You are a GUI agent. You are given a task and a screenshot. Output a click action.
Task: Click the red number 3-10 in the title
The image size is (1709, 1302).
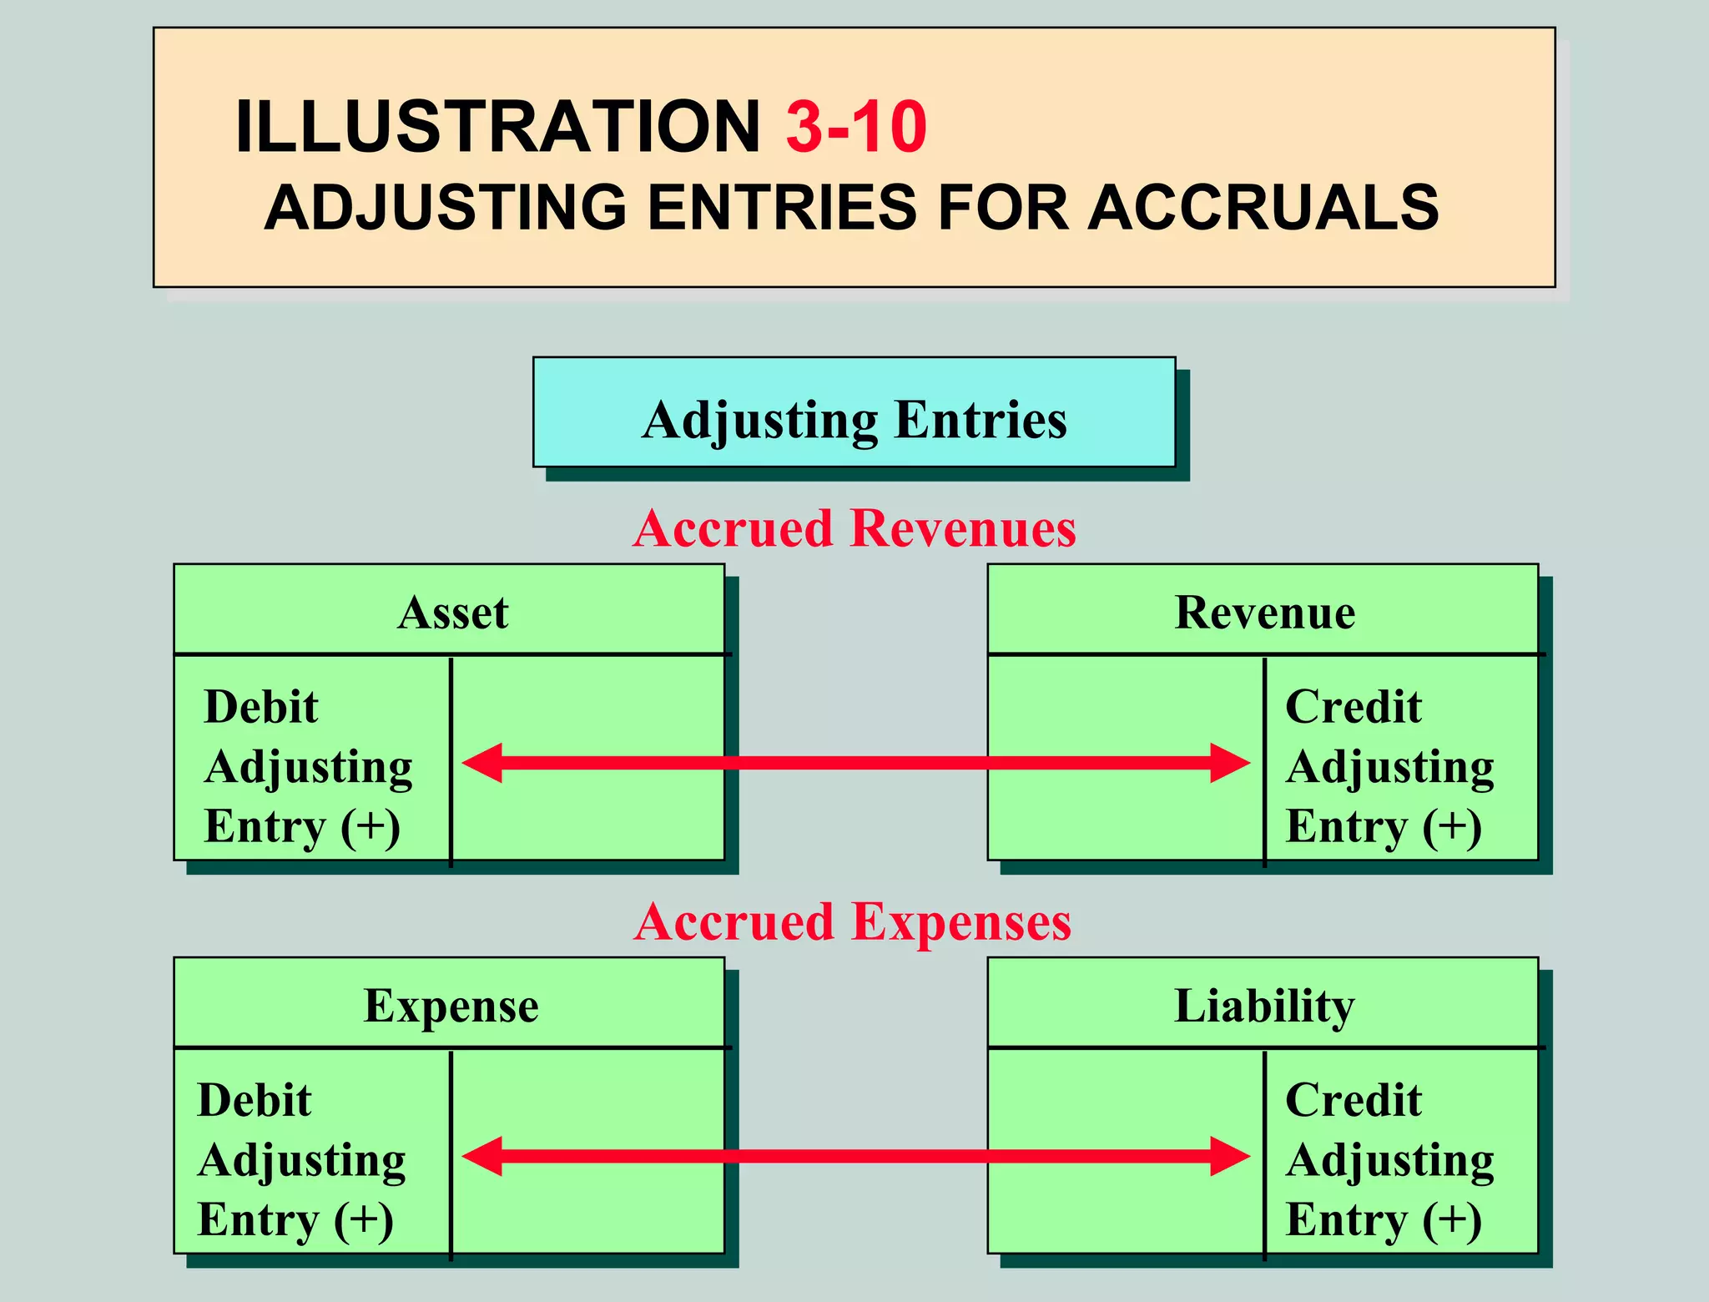pyautogui.click(x=855, y=127)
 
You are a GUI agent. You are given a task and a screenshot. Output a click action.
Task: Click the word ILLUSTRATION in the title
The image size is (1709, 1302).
pyautogui.click(x=497, y=127)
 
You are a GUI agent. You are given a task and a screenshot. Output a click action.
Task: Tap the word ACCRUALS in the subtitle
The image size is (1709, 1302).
pyautogui.click(x=1263, y=207)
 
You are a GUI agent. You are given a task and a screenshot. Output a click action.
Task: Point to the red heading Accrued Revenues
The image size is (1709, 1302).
pyautogui.click(x=854, y=528)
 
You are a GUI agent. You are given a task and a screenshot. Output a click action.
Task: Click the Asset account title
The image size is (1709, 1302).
pyautogui.click(x=452, y=612)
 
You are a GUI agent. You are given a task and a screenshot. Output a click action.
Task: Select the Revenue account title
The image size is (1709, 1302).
pyautogui.click(x=1264, y=612)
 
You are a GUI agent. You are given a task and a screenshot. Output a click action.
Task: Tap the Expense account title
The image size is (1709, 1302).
pyautogui.click(x=451, y=1005)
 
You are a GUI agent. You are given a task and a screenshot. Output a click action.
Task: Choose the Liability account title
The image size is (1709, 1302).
pyautogui.click(x=1264, y=1005)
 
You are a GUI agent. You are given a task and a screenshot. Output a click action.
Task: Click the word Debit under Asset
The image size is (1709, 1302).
pyautogui.click(x=261, y=707)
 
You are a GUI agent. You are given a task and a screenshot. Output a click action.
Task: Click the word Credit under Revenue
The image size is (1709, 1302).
pyautogui.click(x=1353, y=707)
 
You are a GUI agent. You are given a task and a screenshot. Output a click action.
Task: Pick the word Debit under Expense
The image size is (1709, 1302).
pyautogui.click(x=255, y=1100)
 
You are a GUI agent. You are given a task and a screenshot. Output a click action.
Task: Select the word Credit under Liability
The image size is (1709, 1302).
pyautogui.click(x=1353, y=1100)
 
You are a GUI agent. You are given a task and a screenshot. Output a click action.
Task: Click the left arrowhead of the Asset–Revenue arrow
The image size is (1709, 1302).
pyautogui.click(x=481, y=763)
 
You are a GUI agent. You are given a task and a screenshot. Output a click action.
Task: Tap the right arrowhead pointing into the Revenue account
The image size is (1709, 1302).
pyautogui.click(x=1231, y=763)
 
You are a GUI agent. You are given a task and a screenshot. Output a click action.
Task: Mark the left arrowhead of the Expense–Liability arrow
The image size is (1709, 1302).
pyautogui.click(x=481, y=1156)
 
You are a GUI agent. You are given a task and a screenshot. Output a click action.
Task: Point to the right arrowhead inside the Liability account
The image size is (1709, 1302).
pyautogui.click(x=1231, y=1156)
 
